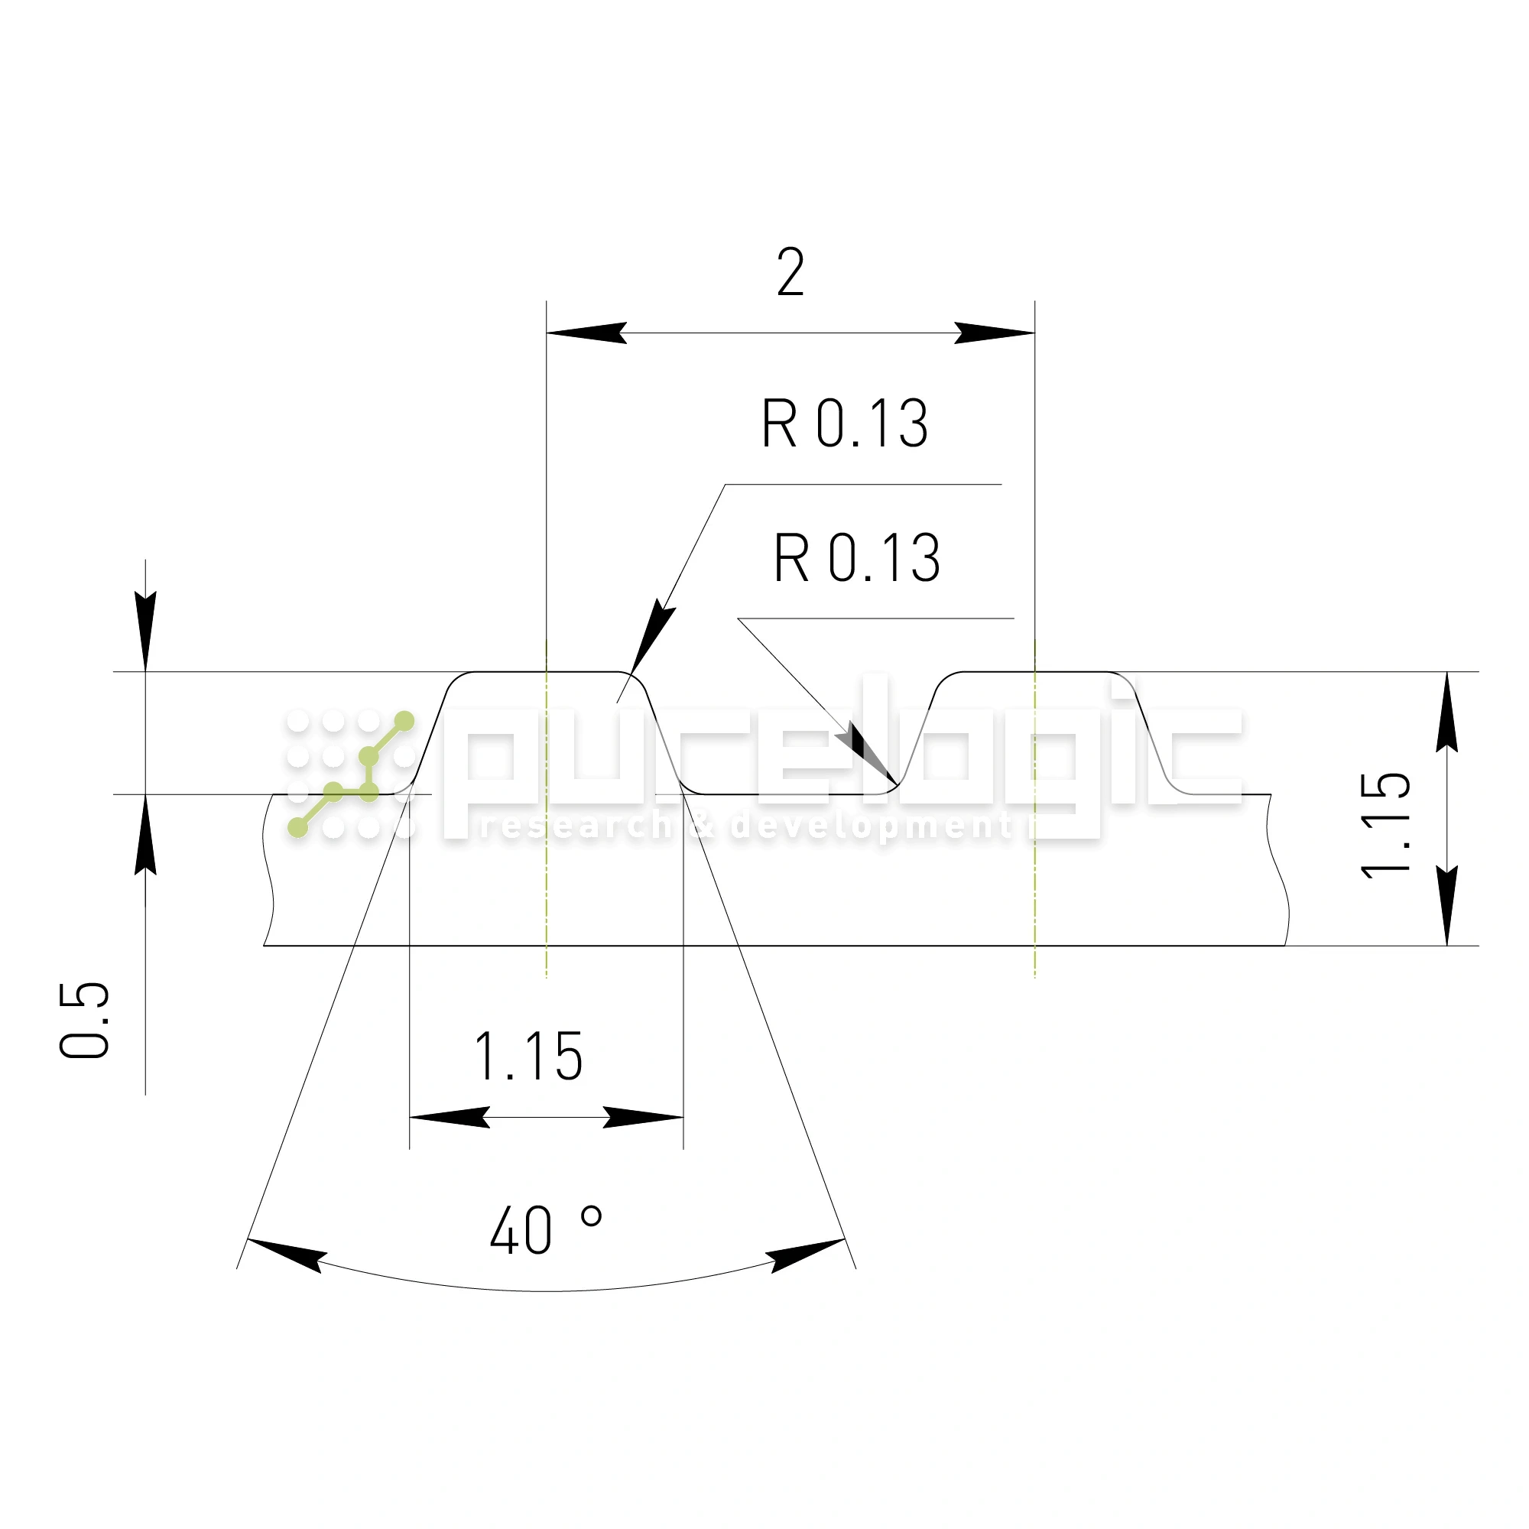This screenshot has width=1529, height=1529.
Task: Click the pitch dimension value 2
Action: pos(790,272)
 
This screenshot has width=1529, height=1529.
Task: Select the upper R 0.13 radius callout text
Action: pos(845,424)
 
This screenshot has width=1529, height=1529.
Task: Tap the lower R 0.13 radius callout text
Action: pos(857,558)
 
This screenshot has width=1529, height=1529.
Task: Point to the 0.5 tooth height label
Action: pos(84,1020)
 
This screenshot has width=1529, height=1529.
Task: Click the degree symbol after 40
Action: pos(591,1216)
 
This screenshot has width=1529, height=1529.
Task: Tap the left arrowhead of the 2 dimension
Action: pos(586,333)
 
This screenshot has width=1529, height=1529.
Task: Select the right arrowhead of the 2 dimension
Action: pos(994,333)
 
